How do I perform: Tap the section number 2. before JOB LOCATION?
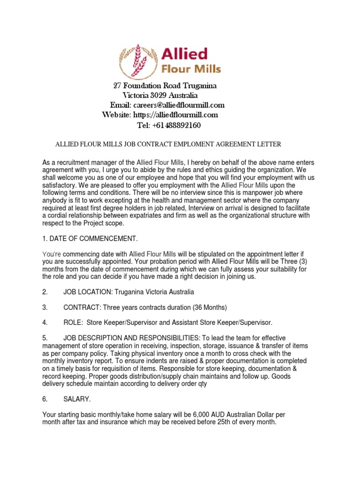pos(45,292)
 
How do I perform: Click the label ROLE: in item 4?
pos(73,323)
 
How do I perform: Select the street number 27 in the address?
pos(118,86)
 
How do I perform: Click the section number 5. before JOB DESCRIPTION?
pos(45,338)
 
